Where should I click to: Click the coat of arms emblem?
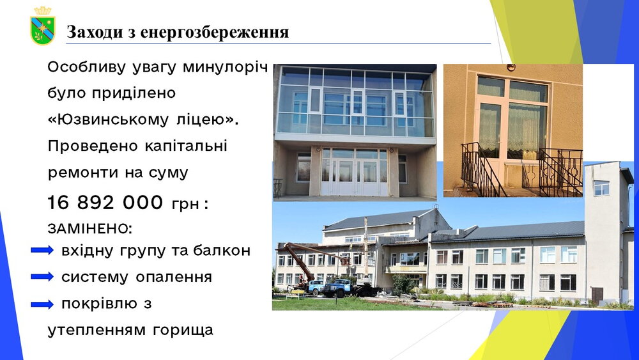42,26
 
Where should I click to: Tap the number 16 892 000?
105,202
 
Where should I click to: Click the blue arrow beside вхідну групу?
42,250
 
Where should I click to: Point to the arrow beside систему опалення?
42,277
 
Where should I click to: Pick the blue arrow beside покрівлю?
42,304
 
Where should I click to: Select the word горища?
183,330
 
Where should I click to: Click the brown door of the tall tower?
597,296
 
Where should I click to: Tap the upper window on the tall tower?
601,188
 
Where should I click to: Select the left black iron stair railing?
479,169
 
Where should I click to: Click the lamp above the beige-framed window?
511,67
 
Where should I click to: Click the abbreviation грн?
185,204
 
